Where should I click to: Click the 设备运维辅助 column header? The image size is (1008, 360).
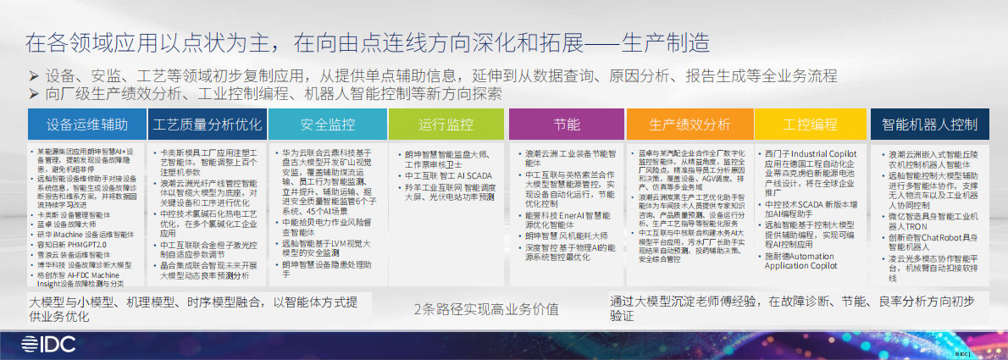[87, 125]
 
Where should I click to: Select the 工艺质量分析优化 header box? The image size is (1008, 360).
[208, 125]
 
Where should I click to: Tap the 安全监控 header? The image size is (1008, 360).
[327, 125]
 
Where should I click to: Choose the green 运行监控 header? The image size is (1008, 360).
[446, 125]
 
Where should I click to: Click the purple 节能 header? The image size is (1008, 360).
[567, 125]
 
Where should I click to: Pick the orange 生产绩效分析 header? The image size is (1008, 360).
[690, 125]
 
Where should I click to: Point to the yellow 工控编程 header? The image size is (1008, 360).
[810, 125]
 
